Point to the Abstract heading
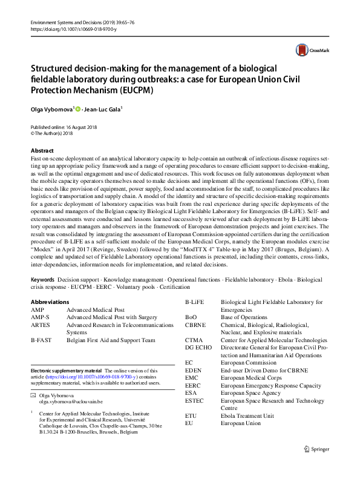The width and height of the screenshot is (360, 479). pos(42,151)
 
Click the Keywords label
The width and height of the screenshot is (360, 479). pos(42,279)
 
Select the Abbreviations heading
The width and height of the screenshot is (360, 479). pos(50,302)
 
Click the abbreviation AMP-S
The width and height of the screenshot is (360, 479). pos(41,317)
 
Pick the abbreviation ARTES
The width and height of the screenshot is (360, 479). pos(40,325)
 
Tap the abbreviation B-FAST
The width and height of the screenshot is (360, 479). pos(42,340)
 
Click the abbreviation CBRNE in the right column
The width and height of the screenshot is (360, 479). pos(195,325)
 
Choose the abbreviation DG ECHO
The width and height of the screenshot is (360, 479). pos(198,348)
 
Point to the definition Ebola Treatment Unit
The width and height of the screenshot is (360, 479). pos(247,416)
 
